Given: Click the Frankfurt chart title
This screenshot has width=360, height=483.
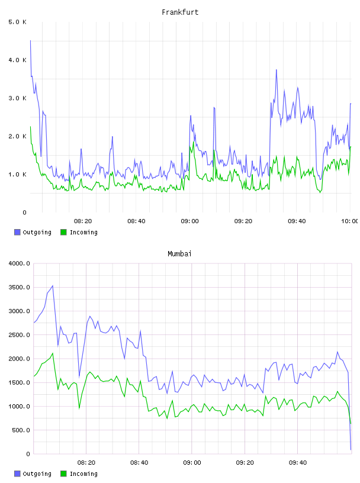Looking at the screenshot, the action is click(x=180, y=12).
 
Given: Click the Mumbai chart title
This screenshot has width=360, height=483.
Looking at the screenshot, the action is click(x=179, y=254).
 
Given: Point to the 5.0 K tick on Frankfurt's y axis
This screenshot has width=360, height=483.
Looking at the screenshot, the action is click(x=18, y=22).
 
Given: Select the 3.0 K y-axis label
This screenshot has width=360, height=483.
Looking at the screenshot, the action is click(x=18, y=98).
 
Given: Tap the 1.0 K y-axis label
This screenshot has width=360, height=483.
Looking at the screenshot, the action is click(x=18, y=175).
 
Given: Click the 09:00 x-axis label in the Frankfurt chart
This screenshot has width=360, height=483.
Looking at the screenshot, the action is click(x=190, y=221).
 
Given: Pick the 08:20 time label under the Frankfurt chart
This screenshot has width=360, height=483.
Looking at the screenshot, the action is click(x=83, y=221).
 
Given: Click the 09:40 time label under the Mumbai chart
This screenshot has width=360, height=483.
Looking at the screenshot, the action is click(x=298, y=463).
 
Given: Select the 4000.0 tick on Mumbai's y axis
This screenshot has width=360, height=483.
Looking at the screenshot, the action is click(x=20, y=263).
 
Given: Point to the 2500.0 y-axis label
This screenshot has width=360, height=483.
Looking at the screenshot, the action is click(x=20, y=335).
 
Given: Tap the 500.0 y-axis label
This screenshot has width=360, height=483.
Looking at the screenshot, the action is click(x=21, y=430).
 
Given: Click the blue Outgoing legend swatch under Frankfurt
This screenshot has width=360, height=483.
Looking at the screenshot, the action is click(x=17, y=232).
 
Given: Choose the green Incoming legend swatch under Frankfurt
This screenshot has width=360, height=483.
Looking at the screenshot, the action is click(x=63, y=232).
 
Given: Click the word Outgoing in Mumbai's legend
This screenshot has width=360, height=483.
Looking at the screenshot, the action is click(x=37, y=474).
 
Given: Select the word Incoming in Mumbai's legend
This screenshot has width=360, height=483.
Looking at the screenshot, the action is click(x=83, y=474).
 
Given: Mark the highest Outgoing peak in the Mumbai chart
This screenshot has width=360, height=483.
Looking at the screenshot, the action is click(x=53, y=286).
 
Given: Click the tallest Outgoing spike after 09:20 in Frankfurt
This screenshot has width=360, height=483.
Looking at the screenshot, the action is click(x=277, y=70).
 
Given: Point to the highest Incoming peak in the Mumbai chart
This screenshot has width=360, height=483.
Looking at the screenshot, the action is click(x=53, y=353).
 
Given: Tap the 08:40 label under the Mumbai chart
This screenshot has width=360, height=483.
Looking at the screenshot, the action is click(x=139, y=463).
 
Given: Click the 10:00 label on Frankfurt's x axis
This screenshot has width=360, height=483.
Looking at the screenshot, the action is click(x=349, y=221).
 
